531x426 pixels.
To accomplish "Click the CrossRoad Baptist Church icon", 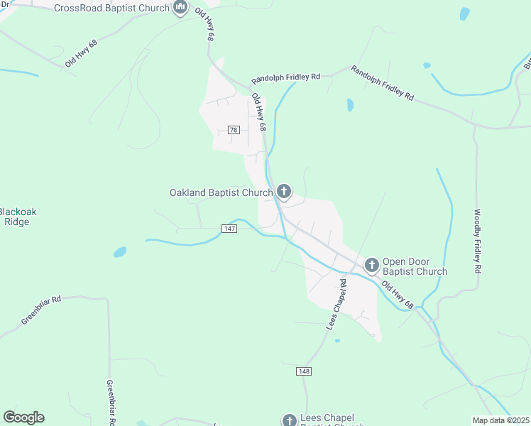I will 180,9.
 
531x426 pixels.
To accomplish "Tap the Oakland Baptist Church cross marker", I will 284,191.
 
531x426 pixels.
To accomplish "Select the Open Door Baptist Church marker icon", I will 371,266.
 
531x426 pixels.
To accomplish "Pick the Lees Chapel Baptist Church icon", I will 289,420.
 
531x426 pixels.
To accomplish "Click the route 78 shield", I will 234,129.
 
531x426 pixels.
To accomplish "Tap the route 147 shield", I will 229,228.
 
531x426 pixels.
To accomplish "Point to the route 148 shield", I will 304,371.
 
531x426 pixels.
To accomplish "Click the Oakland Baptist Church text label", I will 221,192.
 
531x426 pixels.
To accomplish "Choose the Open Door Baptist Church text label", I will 415,266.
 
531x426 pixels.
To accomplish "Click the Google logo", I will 23,417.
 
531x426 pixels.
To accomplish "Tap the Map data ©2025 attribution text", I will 500,420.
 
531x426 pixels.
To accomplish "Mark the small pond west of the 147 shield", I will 119,251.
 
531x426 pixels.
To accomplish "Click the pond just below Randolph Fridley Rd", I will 350,105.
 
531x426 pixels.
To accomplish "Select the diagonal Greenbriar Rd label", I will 41,310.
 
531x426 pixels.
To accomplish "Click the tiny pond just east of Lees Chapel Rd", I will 337,341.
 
